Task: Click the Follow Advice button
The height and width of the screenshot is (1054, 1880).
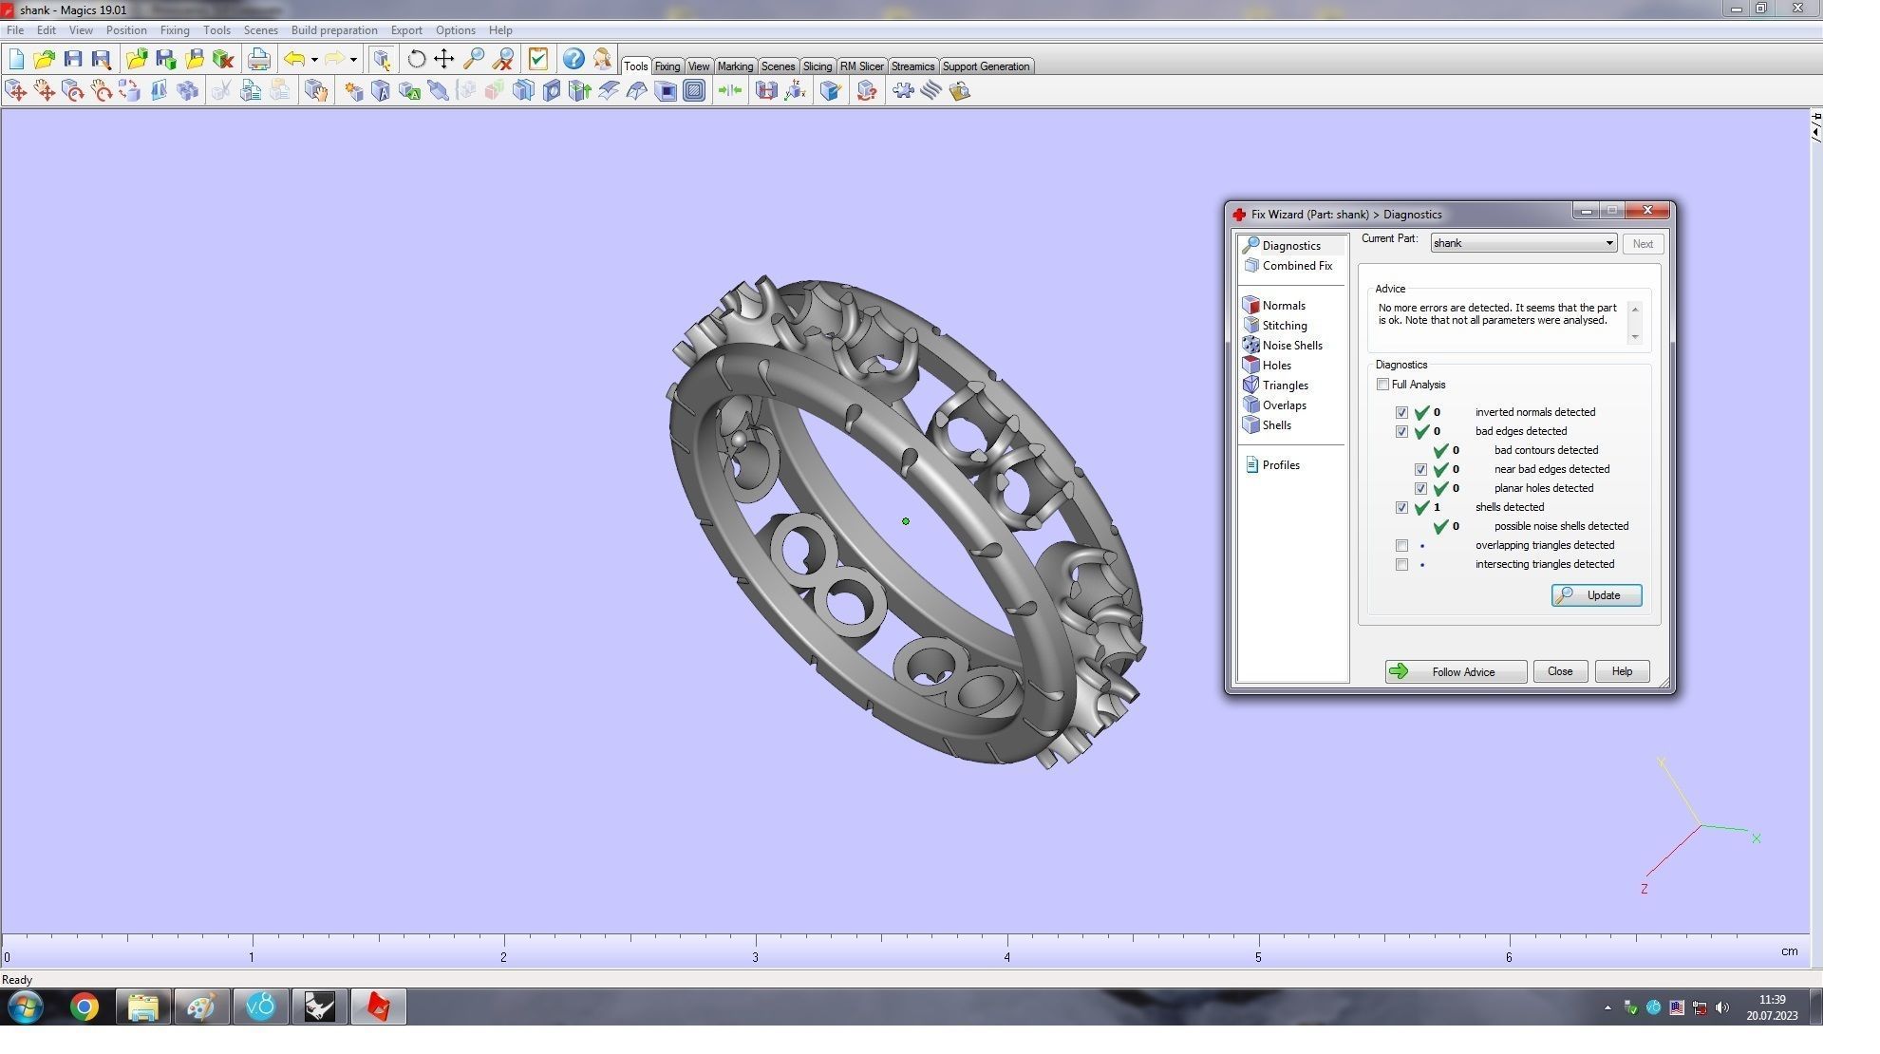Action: (x=1455, y=671)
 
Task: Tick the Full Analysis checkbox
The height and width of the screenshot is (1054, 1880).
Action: (x=1382, y=385)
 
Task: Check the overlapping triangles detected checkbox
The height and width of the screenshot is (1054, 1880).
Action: (x=1401, y=545)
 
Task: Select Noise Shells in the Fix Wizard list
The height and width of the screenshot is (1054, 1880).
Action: (x=1291, y=346)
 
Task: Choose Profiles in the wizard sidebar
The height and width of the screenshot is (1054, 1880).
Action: (x=1280, y=465)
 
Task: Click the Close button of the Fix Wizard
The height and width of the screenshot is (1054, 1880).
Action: (x=1559, y=671)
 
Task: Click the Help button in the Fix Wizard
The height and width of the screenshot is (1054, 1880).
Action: (x=1621, y=671)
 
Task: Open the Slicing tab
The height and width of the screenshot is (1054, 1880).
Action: (x=817, y=66)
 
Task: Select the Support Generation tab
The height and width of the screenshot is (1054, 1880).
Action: (x=985, y=66)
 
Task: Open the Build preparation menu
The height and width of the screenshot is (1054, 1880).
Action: (x=333, y=30)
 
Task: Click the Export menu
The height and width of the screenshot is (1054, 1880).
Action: (x=405, y=30)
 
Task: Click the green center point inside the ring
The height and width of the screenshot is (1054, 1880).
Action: (x=906, y=521)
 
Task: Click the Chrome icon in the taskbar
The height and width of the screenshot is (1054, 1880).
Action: (x=85, y=1007)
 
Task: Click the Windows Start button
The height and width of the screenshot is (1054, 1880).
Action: (x=26, y=1007)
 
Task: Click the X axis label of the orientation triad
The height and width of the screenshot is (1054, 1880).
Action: (x=1757, y=838)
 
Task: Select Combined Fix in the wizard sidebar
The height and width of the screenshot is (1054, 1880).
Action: (x=1296, y=266)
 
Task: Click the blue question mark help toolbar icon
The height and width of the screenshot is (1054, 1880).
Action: (x=573, y=59)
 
